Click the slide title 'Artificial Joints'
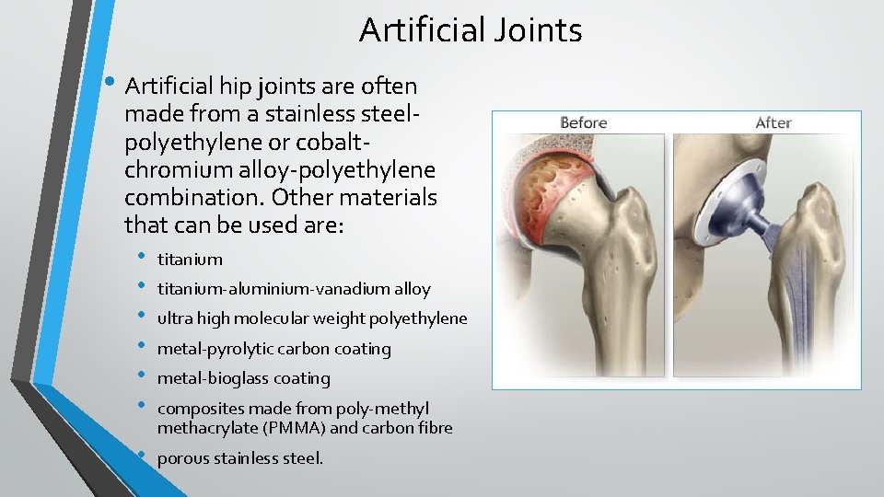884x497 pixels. point(471,30)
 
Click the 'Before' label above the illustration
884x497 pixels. point(583,122)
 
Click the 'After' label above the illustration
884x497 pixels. point(773,122)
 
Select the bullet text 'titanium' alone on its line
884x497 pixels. point(190,260)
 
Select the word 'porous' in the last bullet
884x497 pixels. point(183,458)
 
